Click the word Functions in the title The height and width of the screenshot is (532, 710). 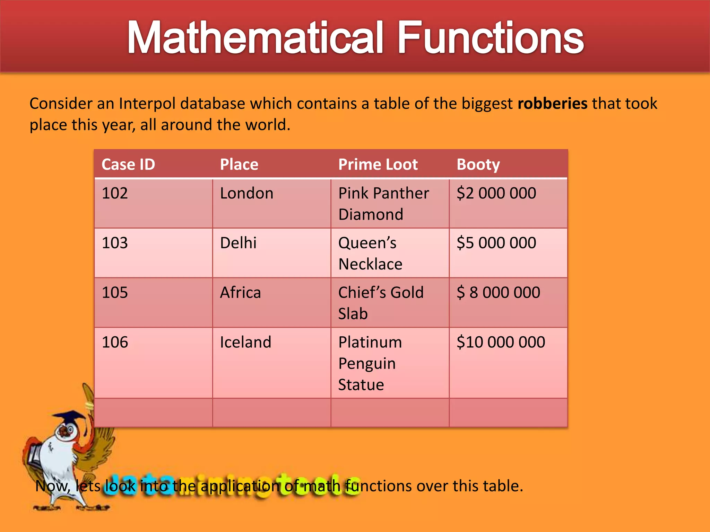tap(490, 37)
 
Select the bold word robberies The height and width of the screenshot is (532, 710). tap(552, 104)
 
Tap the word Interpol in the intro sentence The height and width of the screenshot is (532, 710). tap(147, 104)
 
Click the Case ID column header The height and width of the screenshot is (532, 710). tap(128, 165)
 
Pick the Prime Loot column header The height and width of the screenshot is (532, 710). tap(378, 165)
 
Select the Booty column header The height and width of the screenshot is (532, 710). tap(478, 165)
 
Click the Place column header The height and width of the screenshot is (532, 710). tap(239, 165)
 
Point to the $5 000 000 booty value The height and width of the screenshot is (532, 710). tap(496, 243)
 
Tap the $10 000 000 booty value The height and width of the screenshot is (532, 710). tap(501, 342)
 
